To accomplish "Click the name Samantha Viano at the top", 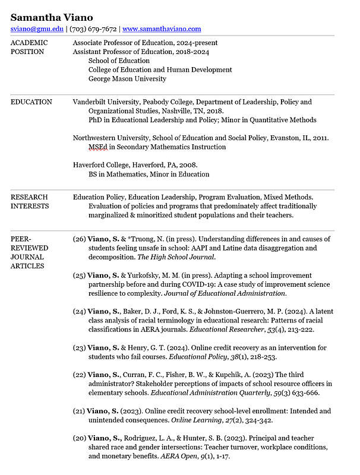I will click(52, 17).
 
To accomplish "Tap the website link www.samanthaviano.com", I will click(162, 28).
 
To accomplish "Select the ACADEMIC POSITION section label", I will click(29, 47).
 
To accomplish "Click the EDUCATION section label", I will click(31, 102).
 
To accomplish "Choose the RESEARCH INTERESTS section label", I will click(30, 201).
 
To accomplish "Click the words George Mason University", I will click(127, 78).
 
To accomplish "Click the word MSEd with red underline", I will click(98, 147).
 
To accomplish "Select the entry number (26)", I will click(79, 239).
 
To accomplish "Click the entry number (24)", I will click(79, 311).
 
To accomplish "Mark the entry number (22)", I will click(79, 375).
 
